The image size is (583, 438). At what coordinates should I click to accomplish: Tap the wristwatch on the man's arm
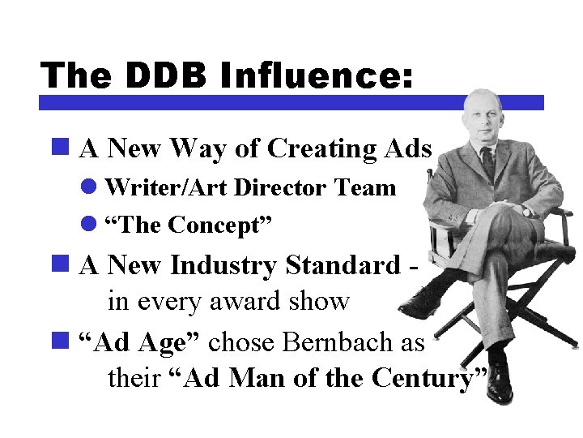coord(526,211)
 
